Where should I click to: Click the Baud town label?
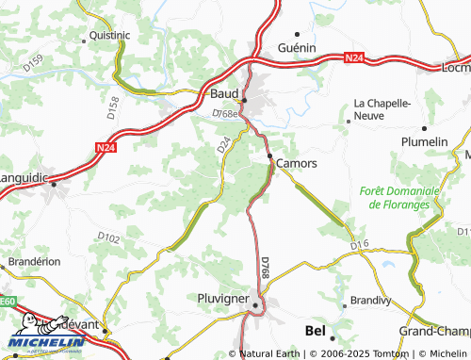pos(224,93)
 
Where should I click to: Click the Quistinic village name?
pos(109,34)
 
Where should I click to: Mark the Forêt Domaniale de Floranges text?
pos(399,197)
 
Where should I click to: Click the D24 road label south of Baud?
pos(223,145)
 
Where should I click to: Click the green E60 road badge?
pos(7,301)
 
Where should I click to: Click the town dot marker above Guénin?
pos(299,33)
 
